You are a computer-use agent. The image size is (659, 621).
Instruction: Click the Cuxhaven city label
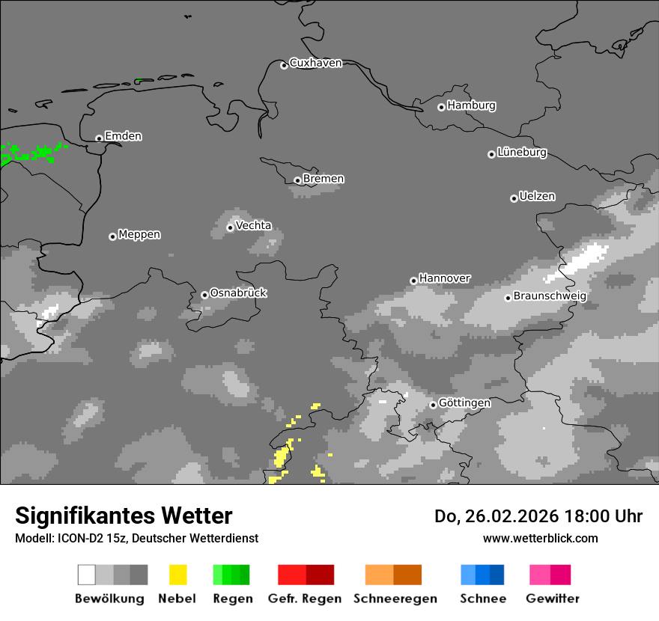(x=315, y=63)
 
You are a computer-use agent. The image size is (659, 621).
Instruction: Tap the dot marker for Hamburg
(x=441, y=107)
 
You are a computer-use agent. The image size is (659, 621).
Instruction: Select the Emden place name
(x=123, y=136)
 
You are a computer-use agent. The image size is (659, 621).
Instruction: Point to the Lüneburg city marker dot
(x=491, y=154)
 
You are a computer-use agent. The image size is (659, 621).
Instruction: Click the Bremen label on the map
(x=324, y=179)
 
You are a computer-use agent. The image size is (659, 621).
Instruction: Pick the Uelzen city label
(x=537, y=196)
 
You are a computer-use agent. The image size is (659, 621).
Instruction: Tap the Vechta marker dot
(x=230, y=227)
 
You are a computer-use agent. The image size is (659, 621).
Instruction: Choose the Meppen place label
(x=139, y=234)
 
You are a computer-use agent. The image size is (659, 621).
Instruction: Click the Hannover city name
(x=445, y=278)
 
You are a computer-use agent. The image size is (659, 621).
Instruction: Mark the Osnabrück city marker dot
(x=204, y=295)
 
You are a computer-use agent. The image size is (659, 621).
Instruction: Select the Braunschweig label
(x=550, y=296)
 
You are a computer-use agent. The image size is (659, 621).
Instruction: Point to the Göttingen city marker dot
(x=433, y=405)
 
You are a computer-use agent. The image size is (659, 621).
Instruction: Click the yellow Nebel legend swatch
(x=177, y=575)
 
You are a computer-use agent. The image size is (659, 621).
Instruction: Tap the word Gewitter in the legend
(x=553, y=599)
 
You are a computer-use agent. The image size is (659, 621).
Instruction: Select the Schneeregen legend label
(x=395, y=599)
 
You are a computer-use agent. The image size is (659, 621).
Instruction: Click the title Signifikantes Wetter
(x=124, y=516)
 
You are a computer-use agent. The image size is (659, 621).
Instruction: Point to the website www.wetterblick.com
(x=540, y=538)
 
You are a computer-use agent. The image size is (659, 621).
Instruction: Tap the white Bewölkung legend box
(x=87, y=575)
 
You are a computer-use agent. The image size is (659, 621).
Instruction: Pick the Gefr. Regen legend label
(x=305, y=599)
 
